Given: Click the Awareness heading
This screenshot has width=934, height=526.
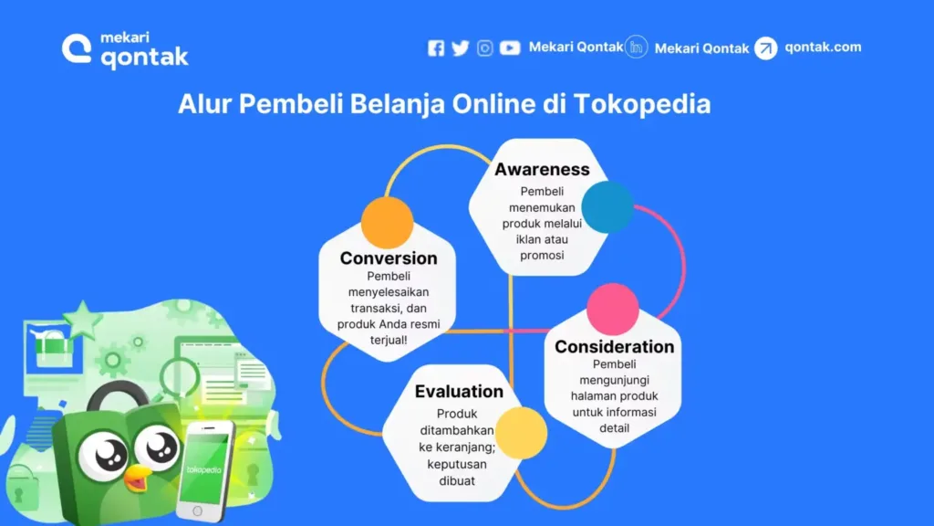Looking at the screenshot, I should pyautogui.click(x=542, y=170).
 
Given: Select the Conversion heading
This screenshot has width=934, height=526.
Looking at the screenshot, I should pyautogui.click(x=389, y=258).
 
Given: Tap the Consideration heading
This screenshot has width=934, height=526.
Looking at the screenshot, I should pyautogui.click(x=614, y=347).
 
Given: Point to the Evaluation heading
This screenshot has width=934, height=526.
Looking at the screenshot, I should pyautogui.click(x=459, y=392).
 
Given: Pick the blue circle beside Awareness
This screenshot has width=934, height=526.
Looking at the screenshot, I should pyautogui.click(x=607, y=206).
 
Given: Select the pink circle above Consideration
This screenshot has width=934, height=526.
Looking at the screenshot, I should pyautogui.click(x=612, y=309).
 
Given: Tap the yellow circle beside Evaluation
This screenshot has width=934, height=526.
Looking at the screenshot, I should pyautogui.click(x=522, y=433).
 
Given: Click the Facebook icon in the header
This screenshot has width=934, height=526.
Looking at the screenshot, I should pyautogui.click(x=436, y=48).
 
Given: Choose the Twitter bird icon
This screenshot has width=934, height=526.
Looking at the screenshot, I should pyautogui.click(x=460, y=48).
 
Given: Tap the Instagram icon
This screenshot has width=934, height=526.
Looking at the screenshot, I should pyautogui.click(x=485, y=48).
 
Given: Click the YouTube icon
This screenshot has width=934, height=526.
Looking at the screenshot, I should pyautogui.click(x=510, y=48).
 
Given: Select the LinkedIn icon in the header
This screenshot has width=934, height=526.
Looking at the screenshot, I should pyautogui.click(x=637, y=47).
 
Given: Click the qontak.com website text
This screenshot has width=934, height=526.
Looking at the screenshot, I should pyautogui.click(x=822, y=47).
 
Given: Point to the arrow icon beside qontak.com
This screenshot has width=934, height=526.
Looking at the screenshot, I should pyautogui.click(x=766, y=48).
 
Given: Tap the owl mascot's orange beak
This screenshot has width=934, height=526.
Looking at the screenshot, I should pyautogui.click(x=138, y=476).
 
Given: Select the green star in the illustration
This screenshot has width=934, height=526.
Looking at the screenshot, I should pyautogui.click(x=82, y=320).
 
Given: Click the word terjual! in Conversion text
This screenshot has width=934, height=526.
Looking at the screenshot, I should pyautogui.click(x=389, y=339).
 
